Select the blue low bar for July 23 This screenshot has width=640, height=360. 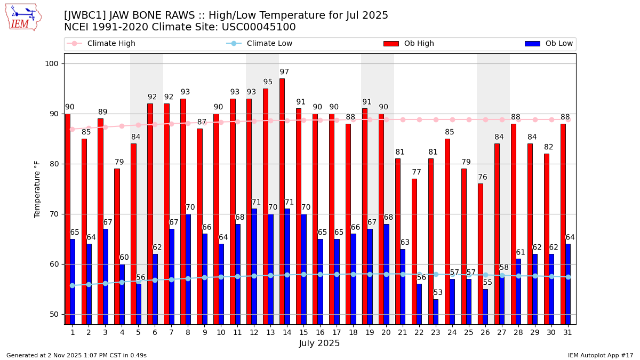click(x=436, y=311)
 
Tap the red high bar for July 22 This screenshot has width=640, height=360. click(x=414, y=251)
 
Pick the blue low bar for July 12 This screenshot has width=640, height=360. click(x=254, y=266)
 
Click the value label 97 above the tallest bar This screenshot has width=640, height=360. click(x=284, y=72)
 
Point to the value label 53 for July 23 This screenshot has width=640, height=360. click(x=438, y=293)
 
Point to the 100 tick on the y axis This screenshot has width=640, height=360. click(x=54, y=64)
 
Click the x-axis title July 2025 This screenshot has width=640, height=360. click(x=319, y=343)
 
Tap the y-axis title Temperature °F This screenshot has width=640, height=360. click(x=38, y=189)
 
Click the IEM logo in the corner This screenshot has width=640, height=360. click(x=23, y=17)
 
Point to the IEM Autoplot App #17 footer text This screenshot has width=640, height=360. click(x=601, y=355)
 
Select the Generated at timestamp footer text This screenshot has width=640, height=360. click(x=76, y=355)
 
